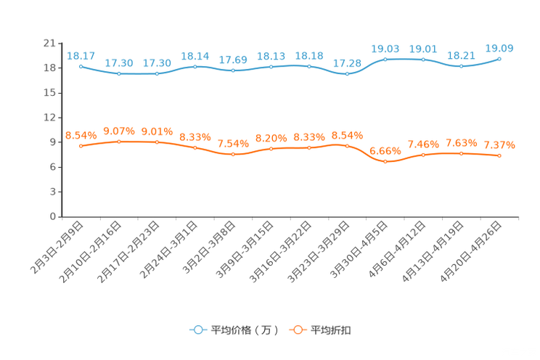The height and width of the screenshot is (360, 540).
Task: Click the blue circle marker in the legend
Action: point(198,330)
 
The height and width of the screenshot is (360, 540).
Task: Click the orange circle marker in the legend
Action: point(298,330)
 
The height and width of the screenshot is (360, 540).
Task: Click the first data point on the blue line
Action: point(81,66)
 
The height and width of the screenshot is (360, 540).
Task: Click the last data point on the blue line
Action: point(499,59)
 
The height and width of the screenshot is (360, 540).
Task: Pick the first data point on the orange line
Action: point(81,146)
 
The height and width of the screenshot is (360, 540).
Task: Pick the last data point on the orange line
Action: point(499,155)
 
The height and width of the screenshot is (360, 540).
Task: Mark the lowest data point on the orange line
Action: point(385,162)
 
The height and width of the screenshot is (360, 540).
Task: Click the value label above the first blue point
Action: point(81,55)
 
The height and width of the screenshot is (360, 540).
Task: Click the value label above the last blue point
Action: point(500,48)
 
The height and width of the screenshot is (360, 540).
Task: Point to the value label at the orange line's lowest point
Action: point(385,151)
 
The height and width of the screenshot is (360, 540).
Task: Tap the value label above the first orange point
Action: point(81,135)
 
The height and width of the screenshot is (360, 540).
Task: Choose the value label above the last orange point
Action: point(499,144)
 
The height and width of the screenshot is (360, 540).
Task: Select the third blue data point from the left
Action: point(157,74)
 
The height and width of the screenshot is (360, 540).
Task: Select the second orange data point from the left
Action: point(119,142)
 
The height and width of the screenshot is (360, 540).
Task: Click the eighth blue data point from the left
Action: point(348,74)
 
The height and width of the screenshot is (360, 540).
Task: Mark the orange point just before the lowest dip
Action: point(348,146)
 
